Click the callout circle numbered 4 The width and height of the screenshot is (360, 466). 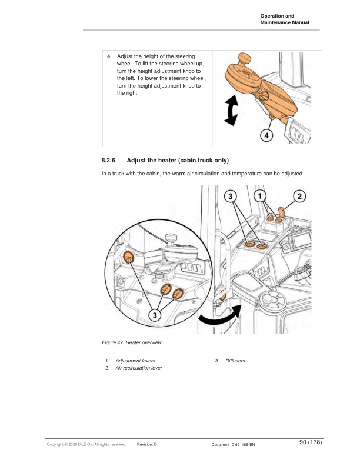pos(266,135)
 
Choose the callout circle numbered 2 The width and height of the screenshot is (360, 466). pos(300,195)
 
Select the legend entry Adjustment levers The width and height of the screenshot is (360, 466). pos(135,360)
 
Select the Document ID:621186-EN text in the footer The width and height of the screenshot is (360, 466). pos(233,444)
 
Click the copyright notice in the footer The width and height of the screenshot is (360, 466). pos(86,444)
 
